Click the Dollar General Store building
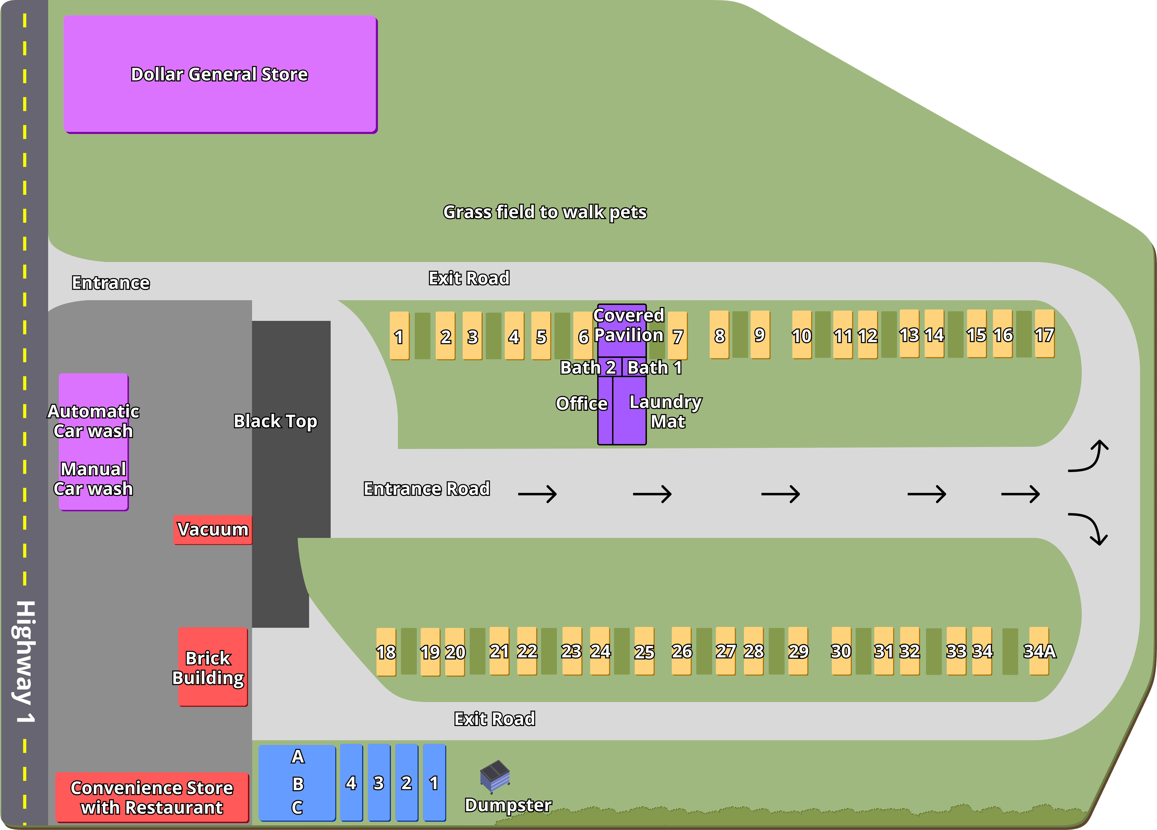point(220,74)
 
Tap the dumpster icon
point(495,776)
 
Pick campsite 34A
point(1039,651)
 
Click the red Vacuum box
point(213,530)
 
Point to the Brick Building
point(213,667)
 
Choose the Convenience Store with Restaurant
point(152,797)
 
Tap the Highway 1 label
point(24,662)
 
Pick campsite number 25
point(644,652)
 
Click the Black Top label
point(275,421)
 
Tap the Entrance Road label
point(426,489)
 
